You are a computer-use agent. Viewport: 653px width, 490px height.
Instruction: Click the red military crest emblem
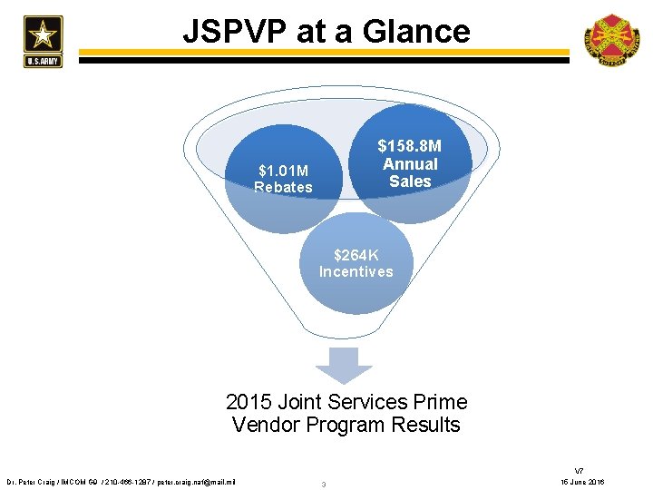coord(611,40)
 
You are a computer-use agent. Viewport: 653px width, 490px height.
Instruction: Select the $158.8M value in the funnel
coord(410,146)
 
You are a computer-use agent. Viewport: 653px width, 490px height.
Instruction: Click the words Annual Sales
coord(410,172)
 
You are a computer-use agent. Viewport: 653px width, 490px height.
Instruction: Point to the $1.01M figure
coord(283,170)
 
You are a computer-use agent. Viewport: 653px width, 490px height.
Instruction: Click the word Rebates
coord(283,188)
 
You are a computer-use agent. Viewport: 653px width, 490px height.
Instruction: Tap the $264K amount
coord(356,255)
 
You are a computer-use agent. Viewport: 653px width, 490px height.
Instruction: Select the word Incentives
coord(356,271)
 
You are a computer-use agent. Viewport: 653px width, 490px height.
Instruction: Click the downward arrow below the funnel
coord(343,365)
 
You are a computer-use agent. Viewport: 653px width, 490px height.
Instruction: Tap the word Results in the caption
coord(425,425)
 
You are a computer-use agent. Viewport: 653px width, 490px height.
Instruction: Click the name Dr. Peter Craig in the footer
coord(32,481)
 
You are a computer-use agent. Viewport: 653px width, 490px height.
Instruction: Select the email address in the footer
coord(196,481)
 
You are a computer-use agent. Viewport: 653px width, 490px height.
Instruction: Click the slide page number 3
coord(324,484)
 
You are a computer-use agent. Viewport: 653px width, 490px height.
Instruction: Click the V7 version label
coord(580,470)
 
